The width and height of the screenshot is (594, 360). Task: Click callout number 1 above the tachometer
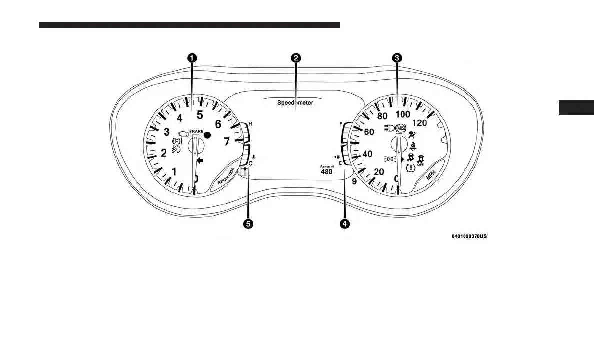pyautogui.click(x=192, y=58)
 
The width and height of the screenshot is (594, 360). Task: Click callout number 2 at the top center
pyautogui.click(x=296, y=58)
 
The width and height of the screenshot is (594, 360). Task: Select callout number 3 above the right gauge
pyautogui.click(x=397, y=58)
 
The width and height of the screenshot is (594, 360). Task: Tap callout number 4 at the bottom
pyautogui.click(x=344, y=224)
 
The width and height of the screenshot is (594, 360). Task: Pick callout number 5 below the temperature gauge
pyautogui.click(x=247, y=224)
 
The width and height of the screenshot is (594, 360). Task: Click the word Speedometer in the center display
pyautogui.click(x=295, y=103)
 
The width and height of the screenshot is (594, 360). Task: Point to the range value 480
pyautogui.click(x=326, y=172)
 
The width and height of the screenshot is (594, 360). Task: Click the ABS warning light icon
pyautogui.click(x=400, y=128)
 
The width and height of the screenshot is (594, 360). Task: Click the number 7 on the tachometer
pyautogui.click(x=226, y=142)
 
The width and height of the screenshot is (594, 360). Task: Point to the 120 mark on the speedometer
pyautogui.click(x=420, y=123)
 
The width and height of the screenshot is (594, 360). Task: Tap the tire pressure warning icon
pyautogui.click(x=411, y=168)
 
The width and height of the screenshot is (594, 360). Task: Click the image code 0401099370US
pyautogui.click(x=468, y=236)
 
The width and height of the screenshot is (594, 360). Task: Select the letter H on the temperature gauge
pyautogui.click(x=250, y=123)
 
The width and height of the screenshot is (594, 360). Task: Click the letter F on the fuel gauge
pyautogui.click(x=340, y=123)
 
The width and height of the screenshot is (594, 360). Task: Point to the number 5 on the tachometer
pyautogui.click(x=199, y=115)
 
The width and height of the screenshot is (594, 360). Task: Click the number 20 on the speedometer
pyautogui.click(x=379, y=172)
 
